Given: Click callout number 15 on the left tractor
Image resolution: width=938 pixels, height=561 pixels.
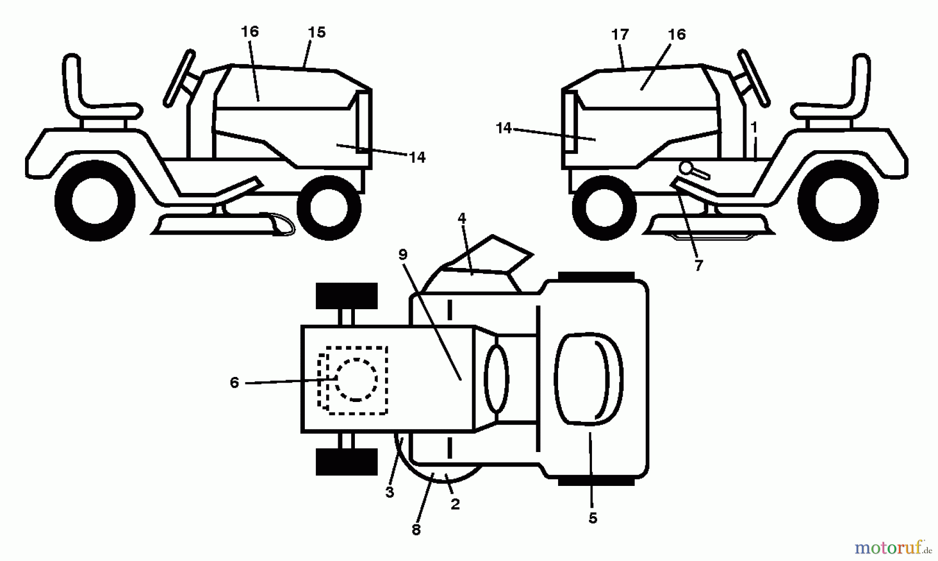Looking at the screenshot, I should click(316, 33).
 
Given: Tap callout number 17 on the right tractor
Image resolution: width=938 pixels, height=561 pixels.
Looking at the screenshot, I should click(620, 35).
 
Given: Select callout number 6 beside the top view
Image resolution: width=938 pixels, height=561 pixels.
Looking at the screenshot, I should click(234, 383).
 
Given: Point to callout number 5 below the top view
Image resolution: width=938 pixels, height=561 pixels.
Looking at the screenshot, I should click(593, 518).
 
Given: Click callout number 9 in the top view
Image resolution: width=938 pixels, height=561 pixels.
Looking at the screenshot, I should click(402, 254).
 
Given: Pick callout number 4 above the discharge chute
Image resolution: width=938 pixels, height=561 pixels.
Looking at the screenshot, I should click(462, 218).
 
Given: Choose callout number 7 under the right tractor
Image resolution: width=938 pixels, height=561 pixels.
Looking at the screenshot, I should click(698, 265).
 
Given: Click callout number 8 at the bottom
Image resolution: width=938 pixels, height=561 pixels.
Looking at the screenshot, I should click(416, 530).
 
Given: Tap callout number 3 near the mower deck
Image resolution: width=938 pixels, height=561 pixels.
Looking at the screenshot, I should click(390, 492).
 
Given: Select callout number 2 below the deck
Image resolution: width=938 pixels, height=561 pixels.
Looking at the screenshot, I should click(455, 504).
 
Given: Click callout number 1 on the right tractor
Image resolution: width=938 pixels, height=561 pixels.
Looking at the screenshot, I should click(754, 128).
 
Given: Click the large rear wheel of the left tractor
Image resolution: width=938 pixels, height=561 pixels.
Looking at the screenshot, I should click(95, 201).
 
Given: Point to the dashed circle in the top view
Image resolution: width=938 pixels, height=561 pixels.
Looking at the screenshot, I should click(356, 379).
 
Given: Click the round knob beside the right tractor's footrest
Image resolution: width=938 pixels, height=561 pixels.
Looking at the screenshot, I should click(685, 167).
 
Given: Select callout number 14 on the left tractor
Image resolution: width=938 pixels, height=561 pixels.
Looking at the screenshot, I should click(417, 157).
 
